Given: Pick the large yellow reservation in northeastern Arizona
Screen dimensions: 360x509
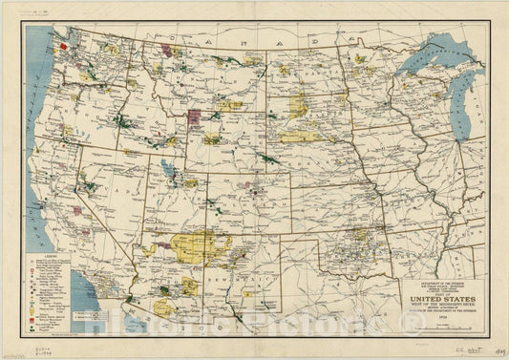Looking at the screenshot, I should coord(201,246).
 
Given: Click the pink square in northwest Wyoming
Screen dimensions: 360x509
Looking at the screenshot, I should coord(194,117).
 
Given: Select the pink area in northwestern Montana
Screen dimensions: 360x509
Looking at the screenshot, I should coord(173,49).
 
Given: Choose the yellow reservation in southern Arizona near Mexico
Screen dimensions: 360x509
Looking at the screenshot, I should coord(164,307).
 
